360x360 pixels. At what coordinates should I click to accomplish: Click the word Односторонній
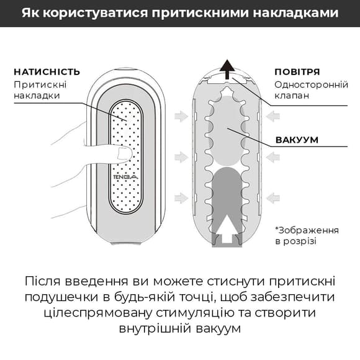307,84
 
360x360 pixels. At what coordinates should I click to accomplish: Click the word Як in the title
30,13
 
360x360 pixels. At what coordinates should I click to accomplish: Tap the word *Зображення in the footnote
307,230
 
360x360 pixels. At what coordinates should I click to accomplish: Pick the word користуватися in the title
91,13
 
